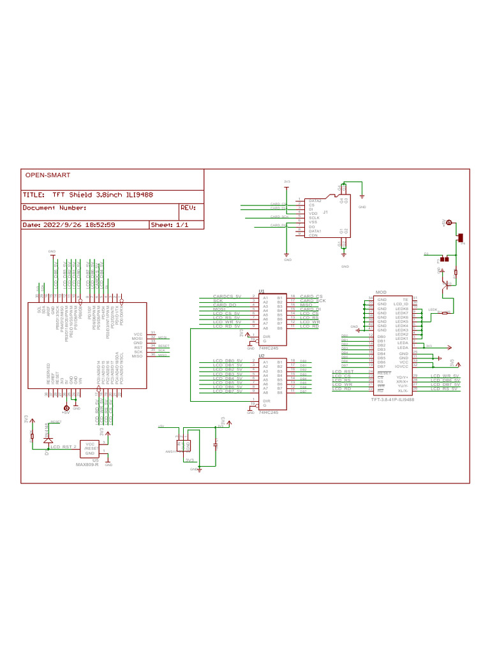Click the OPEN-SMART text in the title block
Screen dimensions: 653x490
pos(47,175)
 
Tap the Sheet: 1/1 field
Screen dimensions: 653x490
pos(169,224)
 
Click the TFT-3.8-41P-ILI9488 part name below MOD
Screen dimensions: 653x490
pos(392,400)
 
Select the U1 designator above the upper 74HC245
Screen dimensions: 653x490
pos(261,290)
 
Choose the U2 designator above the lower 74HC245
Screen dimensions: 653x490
pos(261,356)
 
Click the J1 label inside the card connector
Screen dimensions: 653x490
pos(325,212)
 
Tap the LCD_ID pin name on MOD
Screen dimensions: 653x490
pos(401,304)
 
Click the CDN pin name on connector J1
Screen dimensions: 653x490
pos(313,235)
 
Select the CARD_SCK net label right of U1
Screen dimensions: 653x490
pos(313,301)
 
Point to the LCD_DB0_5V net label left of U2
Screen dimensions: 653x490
pos(228,362)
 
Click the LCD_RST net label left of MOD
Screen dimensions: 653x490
pos(343,371)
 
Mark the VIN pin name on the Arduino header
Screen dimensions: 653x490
pos(81,379)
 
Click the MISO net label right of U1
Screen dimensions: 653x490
pos(307,305)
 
